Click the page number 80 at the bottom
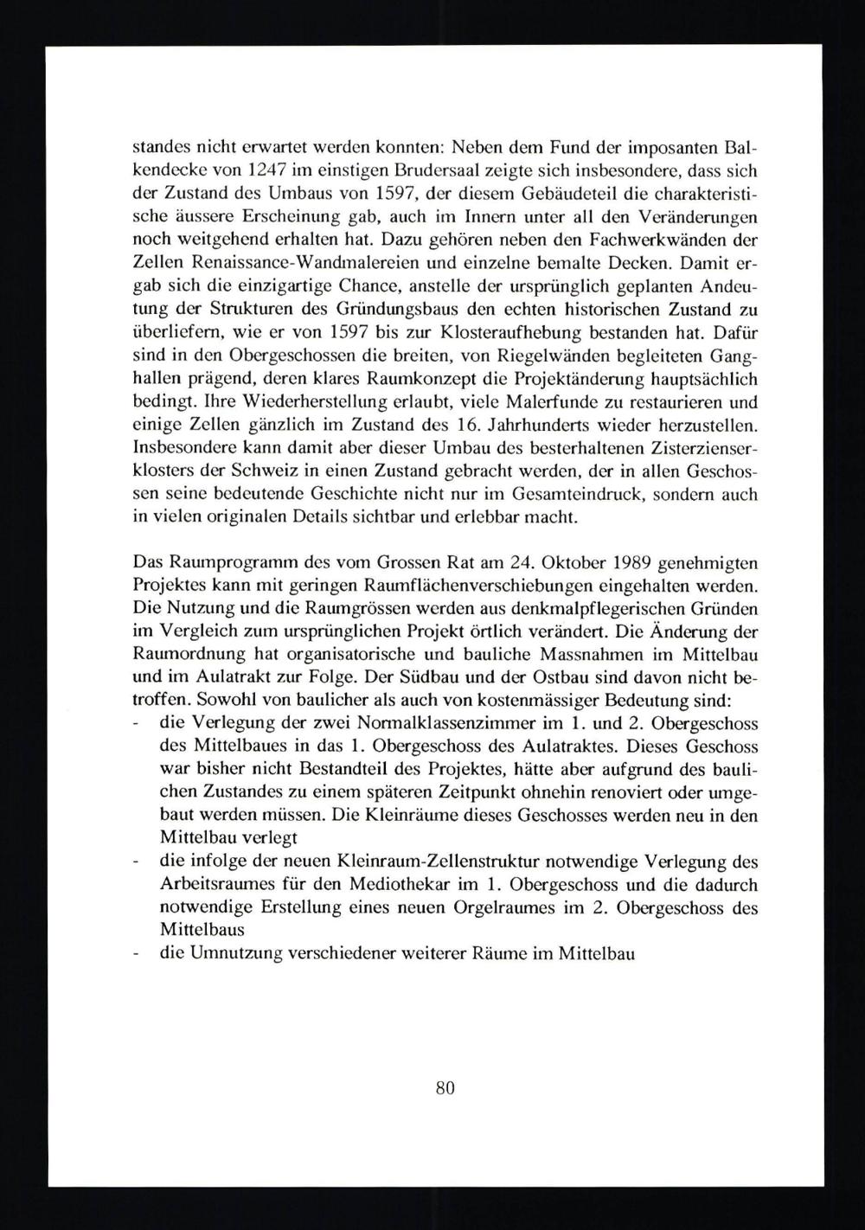pyautogui.click(x=445, y=1089)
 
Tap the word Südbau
pyautogui.click(x=483, y=682)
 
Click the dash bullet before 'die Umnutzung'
pyautogui.click(x=137, y=955)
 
